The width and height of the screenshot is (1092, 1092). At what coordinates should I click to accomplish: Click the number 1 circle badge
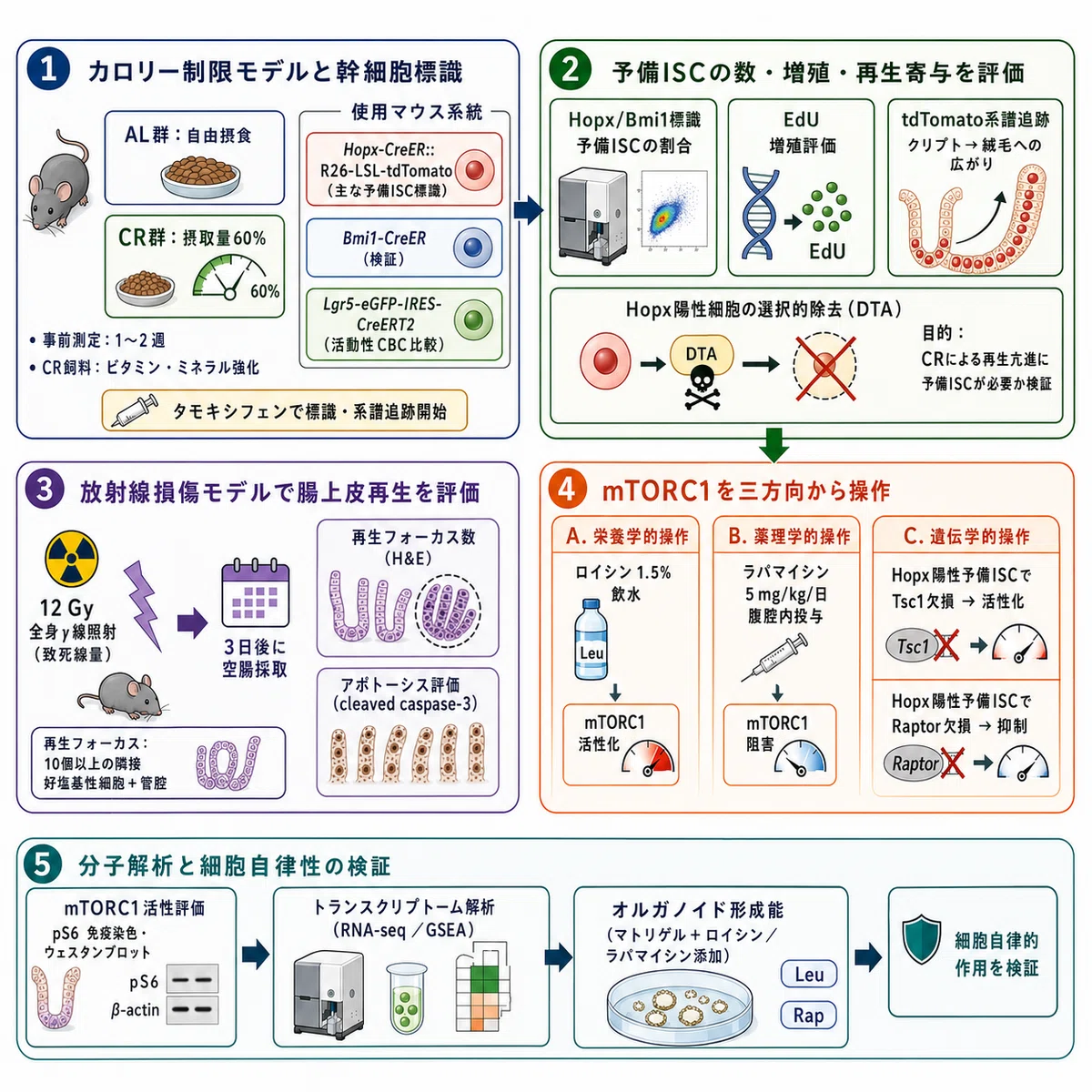(x=48, y=70)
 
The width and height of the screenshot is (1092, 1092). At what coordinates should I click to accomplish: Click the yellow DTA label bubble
(x=702, y=354)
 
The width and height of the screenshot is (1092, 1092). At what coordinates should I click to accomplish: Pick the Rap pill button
(x=809, y=1016)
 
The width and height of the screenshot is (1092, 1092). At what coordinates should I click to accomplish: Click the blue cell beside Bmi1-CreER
(x=472, y=248)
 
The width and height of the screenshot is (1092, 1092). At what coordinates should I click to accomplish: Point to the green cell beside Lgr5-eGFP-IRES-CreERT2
(x=474, y=320)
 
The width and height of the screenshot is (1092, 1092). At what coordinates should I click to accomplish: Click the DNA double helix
(x=760, y=214)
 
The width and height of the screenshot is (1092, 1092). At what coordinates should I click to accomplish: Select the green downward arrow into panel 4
(x=774, y=445)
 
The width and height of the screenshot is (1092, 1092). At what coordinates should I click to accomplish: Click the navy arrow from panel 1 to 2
(x=528, y=209)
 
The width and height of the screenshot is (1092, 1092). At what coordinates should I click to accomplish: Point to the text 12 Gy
(x=66, y=608)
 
